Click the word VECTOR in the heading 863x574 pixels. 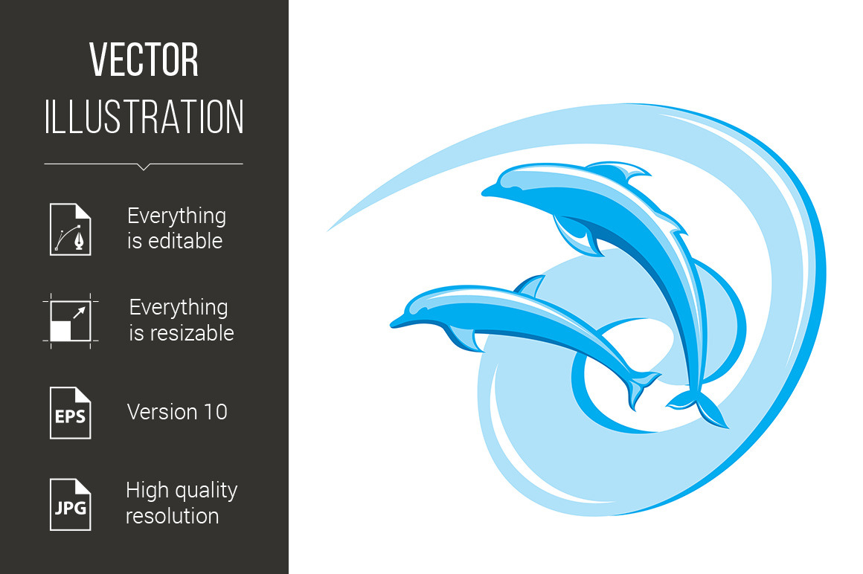pyautogui.click(x=144, y=59)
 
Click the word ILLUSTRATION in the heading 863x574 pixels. pyautogui.click(x=144, y=117)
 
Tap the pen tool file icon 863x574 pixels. pyautogui.click(x=71, y=229)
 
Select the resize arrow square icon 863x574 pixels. pyautogui.click(x=71, y=321)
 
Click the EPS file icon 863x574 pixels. pyautogui.click(x=71, y=413)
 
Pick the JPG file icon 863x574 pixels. pyautogui.click(x=71, y=505)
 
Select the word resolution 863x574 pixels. pyautogui.click(x=173, y=516)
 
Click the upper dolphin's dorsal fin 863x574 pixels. pyautogui.click(x=619, y=172)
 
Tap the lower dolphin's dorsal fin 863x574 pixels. pyautogui.click(x=530, y=287)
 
